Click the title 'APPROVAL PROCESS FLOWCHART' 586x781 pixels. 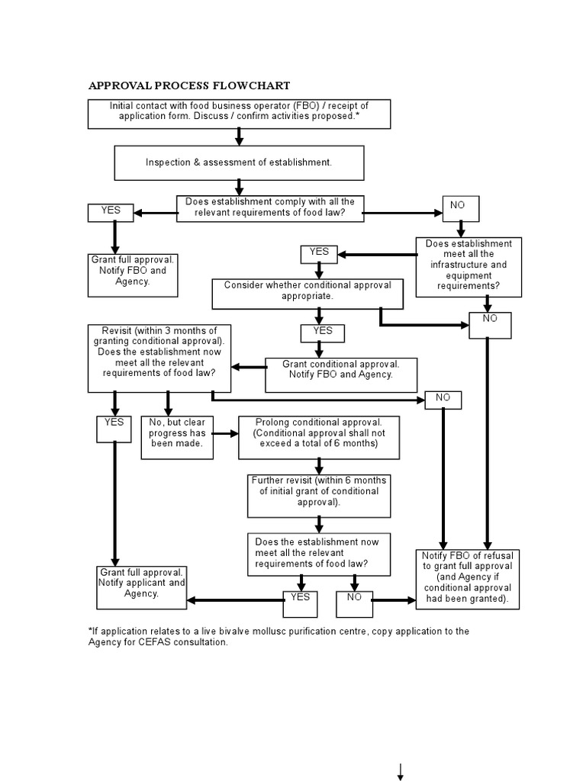click(x=189, y=85)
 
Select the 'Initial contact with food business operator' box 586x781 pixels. click(x=239, y=113)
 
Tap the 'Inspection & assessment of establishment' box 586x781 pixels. click(x=239, y=162)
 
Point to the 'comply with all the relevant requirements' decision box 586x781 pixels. click(x=270, y=208)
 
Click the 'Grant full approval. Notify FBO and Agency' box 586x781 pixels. click(x=133, y=274)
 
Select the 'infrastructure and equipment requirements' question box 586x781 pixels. click(x=469, y=267)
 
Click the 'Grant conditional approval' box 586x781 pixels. click(x=341, y=374)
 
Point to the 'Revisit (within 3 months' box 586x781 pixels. click(x=159, y=358)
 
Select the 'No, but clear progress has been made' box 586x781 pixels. click(x=177, y=437)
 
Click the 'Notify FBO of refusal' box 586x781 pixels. click(x=468, y=578)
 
